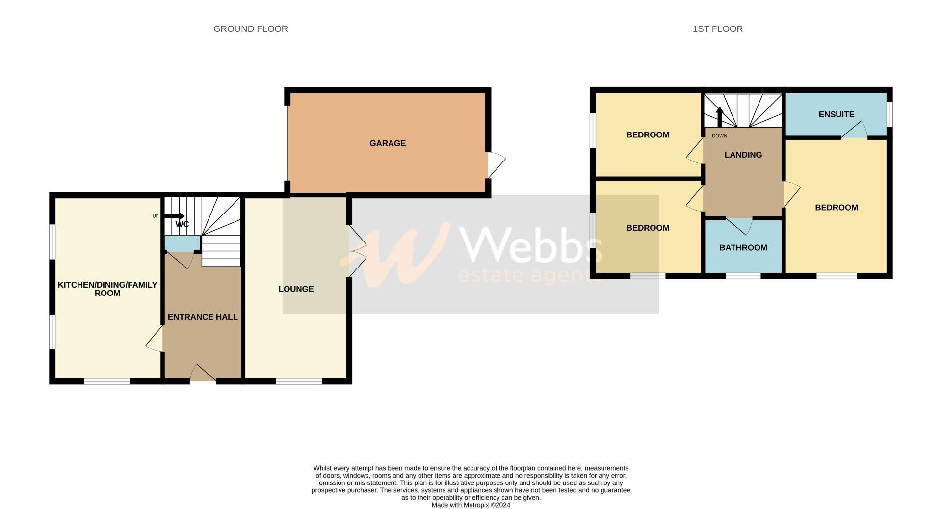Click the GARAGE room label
click(x=387, y=143)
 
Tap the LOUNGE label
click(x=296, y=289)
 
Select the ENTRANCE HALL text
click(x=203, y=317)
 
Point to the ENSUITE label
click(x=836, y=114)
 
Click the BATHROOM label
click(x=743, y=248)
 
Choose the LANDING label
click(x=743, y=155)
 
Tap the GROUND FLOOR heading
click(x=250, y=29)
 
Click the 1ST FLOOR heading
click(x=717, y=29)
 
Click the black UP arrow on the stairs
click(x=174, y=216)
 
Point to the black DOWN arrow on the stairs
click(x=719, y=117)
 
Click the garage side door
click(x=496, y=165)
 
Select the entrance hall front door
click(x=203, y=374)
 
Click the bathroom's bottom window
click(x=743, y=276)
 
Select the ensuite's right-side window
click(x=890, y=114)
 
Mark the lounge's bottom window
click(x=298, y=381)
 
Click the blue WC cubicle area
click(x=182, y=243)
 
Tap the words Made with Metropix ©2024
click(x=471, y=505)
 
